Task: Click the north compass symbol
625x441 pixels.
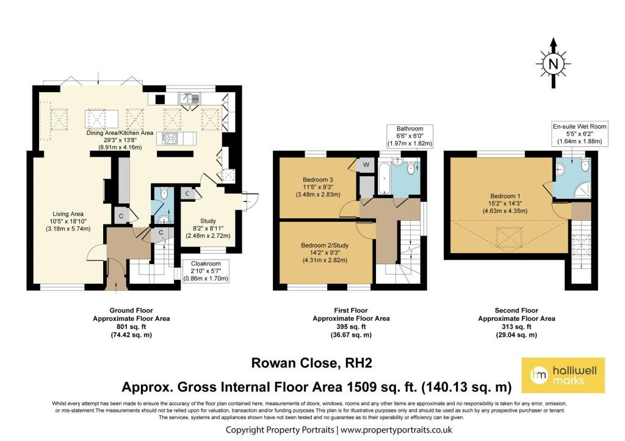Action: [x=553, y=63]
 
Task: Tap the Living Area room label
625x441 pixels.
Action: [x=68, y=214]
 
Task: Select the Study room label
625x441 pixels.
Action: [x=208, y=221]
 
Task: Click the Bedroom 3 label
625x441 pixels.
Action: [x=317, y=180]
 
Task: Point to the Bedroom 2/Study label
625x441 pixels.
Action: [x=325, y=245]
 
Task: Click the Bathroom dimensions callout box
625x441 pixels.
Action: [x=410, y=136]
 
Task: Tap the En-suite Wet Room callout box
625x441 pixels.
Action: [x=579, y=134]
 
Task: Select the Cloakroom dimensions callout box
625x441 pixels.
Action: [x=206, y=271]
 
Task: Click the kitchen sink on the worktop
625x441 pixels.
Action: [x=189, y=98]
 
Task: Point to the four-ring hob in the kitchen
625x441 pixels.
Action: [x=170, y=138]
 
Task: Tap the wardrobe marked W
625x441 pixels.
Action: [x=366, y=165]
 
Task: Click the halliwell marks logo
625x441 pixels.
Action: [x=563, y=375]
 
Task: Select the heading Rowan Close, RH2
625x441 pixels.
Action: [x=312, y=363]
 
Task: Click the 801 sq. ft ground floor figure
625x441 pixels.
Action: [x=131, y=327]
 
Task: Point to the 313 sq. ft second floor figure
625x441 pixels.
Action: [x=516, y=327]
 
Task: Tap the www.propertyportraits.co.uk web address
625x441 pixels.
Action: [x=396, y=430]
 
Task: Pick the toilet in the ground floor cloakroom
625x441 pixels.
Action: [x=164, y=193]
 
